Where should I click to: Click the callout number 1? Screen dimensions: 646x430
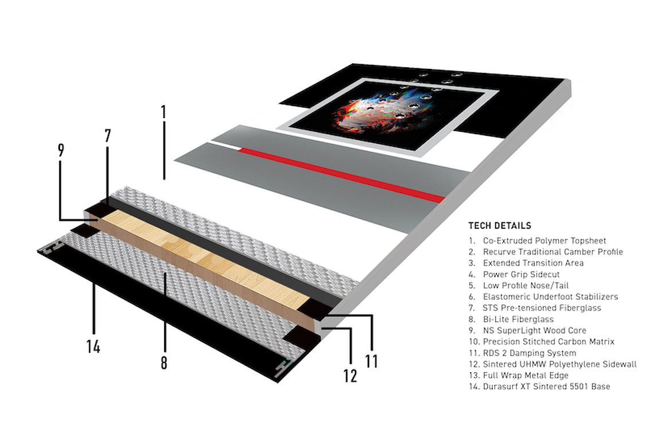click(x=164, y=112)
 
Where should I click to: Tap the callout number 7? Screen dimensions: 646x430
click(x=107, y=136)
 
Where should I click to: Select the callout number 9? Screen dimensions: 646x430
click(x=61, y=150)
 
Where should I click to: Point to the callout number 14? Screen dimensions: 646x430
click(x=94, y=346)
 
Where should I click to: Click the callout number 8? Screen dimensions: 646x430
click(x=164, y=362)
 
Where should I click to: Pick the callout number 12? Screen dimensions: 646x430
click(x=350, y=375)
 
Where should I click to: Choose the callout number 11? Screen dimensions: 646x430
click(x=371, y=361)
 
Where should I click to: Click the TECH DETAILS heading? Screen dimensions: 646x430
click(x=500, y=226)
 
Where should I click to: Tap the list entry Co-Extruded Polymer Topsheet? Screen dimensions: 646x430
click(x=544, y=241)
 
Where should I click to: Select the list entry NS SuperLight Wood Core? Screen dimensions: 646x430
click(x=534, y=330)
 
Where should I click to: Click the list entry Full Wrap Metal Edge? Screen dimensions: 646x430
click(x=526, y=375)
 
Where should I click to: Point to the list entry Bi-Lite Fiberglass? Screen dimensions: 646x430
click(x=518, y=319)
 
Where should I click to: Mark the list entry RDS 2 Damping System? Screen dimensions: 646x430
click(x=530, y=353)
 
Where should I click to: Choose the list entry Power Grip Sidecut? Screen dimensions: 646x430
click(x=521, y=274)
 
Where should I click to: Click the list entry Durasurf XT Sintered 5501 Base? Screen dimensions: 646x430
click(x=546, y=386)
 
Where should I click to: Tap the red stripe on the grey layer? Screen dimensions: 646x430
click(x=341, y=175)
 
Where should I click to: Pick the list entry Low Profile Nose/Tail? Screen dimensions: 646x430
click(x=526, y=286)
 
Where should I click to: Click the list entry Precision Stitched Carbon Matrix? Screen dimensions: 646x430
click(x=548, y=342)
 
